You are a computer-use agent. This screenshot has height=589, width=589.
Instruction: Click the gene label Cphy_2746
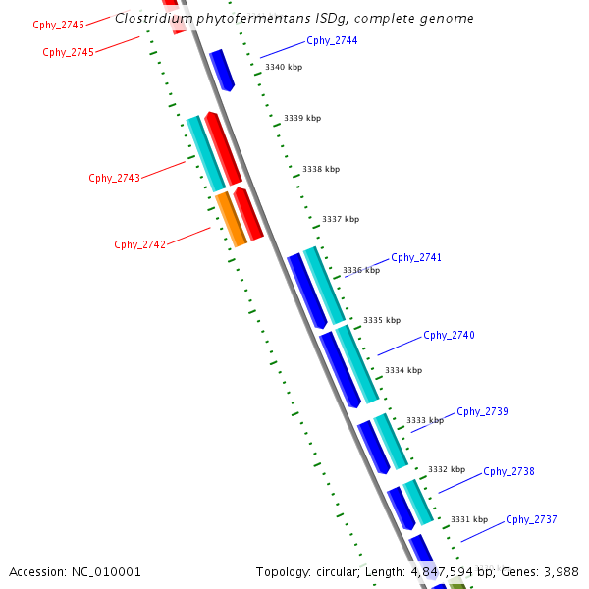click(x=58, y=24)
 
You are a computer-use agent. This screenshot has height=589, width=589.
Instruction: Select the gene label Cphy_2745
click(x=68, y=52)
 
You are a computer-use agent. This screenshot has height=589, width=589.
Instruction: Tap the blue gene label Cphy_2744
click(x=332, y=40)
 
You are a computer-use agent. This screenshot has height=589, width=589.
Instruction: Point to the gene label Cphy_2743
click(x=114, y=178)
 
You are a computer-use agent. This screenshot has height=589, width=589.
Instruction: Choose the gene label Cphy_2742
click(x=139, y=244)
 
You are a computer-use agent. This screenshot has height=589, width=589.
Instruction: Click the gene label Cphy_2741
click(x=416, y=257)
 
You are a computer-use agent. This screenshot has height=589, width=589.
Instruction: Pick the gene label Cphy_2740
click(x=449, y=335)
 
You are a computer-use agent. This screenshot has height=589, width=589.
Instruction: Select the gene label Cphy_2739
click(x=482, y=411)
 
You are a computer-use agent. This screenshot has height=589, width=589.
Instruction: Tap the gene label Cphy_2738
click(x=509, y=471)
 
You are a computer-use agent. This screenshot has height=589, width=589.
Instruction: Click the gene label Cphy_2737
click(x=531, y=519)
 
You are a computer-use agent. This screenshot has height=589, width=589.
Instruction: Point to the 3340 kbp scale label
click(x=284, y=67)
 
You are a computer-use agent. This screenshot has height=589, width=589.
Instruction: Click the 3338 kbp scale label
click(x=321, y=169)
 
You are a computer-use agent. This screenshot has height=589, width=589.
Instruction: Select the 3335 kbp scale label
click(x=382, y=320)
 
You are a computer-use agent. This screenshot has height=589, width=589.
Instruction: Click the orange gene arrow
click(x=231, y=219)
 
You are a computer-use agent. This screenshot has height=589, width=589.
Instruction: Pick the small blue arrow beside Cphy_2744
click(x=221, y=70)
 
